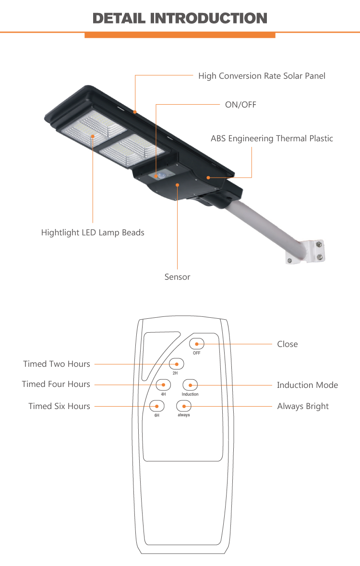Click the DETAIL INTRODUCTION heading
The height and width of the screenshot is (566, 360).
coord(180,18)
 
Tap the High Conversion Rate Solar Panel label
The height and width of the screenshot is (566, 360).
coord(262,76)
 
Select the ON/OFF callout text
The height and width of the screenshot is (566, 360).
coord(240,104)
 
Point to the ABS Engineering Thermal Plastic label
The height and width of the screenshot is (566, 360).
coord(272,139)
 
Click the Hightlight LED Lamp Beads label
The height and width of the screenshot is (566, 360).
coord(93,233)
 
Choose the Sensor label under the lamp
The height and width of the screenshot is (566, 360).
coord(177,277)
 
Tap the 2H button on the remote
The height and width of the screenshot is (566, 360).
coord(176,363)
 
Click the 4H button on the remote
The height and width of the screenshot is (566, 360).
coord(164,385)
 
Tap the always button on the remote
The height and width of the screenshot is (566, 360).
coord(184,406)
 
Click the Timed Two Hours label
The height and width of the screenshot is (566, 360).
coord(57,364)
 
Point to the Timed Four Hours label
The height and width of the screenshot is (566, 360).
coord(56,384)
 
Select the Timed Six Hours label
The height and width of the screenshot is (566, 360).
coord(59,406)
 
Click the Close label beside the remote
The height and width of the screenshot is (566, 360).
coord(287,344)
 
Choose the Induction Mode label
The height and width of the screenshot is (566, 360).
coord(307,385)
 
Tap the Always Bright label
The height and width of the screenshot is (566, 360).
coord(303,406)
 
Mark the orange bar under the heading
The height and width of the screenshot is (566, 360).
coord(180,35)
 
